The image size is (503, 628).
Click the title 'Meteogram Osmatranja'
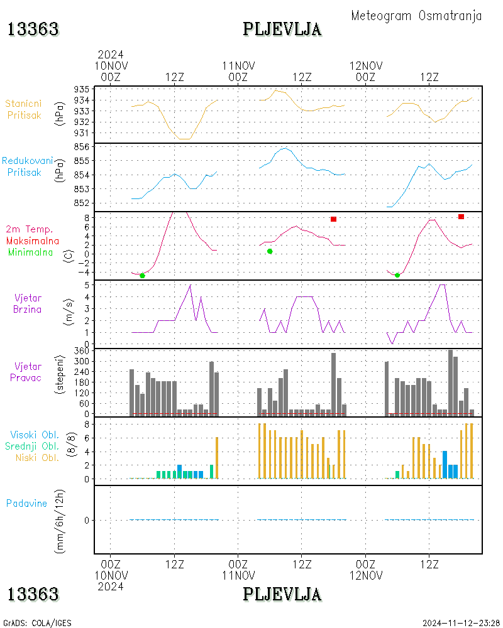416,16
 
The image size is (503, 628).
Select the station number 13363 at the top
33,30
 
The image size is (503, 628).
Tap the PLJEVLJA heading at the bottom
282,594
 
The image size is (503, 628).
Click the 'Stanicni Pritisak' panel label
24,109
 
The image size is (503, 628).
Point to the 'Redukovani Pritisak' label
27,166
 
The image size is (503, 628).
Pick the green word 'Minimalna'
30,252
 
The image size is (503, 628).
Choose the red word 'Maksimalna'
33,241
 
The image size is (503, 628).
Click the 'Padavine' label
26,504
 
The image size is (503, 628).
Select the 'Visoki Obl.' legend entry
35,435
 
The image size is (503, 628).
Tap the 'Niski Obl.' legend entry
37,458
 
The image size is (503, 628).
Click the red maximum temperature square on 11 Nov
333,219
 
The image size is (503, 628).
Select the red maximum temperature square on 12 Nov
461,217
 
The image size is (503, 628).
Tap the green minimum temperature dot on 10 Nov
142,276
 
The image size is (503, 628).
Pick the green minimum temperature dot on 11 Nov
270,252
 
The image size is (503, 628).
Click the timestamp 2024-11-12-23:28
461,623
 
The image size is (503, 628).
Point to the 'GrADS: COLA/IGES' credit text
37,623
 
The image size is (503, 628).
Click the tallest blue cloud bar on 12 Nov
445,465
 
